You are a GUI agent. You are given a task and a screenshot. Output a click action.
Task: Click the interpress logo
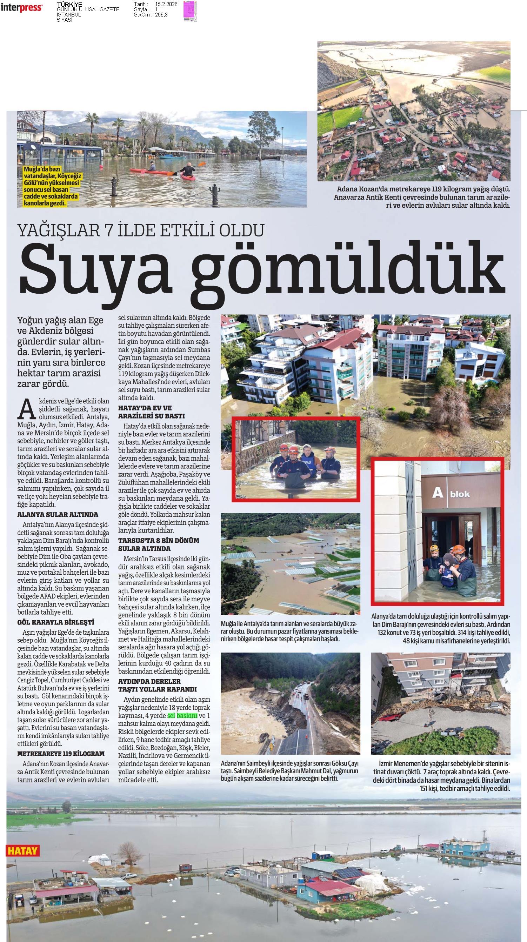pos(21,7)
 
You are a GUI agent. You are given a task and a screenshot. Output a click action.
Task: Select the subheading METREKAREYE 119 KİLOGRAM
pos(61,743)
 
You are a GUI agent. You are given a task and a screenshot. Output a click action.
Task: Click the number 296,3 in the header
pos(161,15)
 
